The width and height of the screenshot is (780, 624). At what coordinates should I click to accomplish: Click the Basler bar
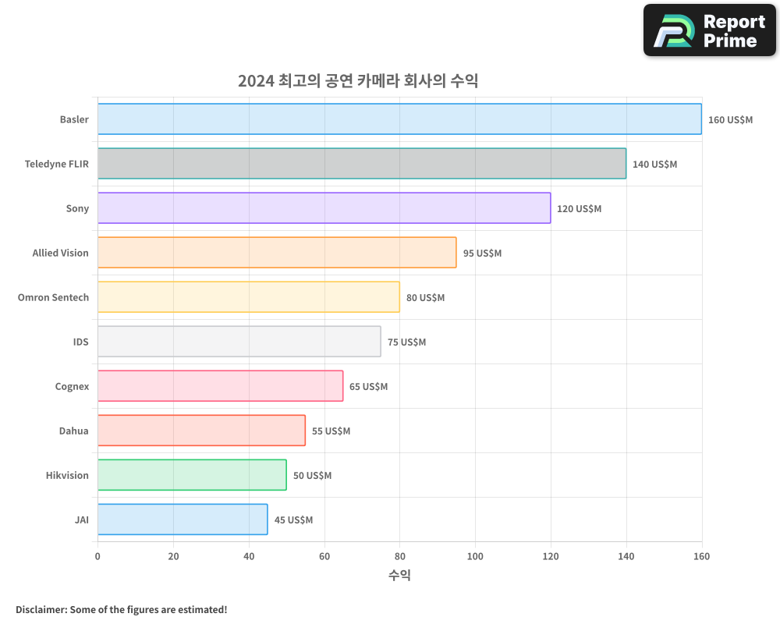click(x=399, y=119)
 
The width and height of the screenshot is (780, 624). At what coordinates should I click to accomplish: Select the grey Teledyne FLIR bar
click(x=362, y=164)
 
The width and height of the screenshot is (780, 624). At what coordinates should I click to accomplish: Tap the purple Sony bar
click(x=324, y=208)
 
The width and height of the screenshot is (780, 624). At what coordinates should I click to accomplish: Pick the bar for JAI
click(x=183, y=519)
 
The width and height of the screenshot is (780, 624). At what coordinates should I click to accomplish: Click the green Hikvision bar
click(x=192, y=475)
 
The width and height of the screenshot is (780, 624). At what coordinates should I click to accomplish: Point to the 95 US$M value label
click(x=482, y=253)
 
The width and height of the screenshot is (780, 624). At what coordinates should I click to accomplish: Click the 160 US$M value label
click(x=730, y=120)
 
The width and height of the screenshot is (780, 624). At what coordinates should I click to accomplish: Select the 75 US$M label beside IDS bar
click(x=406, y=342)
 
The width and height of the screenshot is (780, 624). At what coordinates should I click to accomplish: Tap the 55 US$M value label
click(x=331, y=431)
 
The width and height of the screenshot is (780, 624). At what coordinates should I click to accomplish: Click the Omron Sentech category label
click(x=53, y=297)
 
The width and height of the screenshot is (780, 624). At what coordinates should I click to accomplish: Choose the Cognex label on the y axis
click(x=72, y=386)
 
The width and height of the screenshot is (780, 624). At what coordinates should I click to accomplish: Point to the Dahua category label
click(x=73, y=431)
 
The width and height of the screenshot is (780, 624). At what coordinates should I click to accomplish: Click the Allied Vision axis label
click(x=60, y=253)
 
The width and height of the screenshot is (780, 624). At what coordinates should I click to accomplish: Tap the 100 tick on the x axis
click(x=475, y=556)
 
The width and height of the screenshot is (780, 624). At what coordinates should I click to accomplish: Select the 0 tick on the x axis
click(x=97, y=556)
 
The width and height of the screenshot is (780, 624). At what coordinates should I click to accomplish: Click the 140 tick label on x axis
click(x=626, y=556)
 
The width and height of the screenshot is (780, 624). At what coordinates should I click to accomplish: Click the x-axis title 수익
click(x=399, y=576)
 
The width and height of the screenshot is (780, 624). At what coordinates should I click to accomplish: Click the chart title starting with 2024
click(x=358, y=81)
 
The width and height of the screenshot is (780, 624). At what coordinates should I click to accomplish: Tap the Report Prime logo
click(x=709, y=30)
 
